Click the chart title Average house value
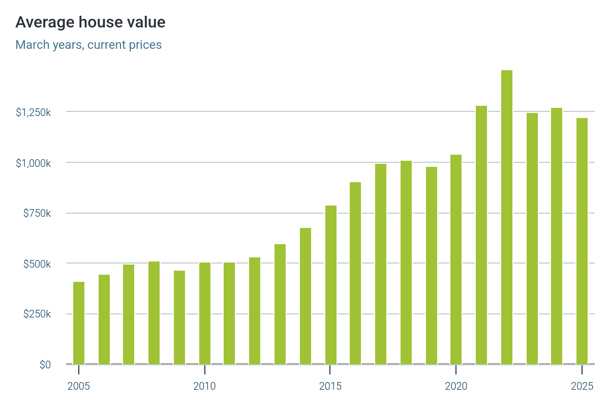(90, 22)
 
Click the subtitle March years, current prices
(88, 45)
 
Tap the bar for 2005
(79, 323)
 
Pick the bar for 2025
(582, 241)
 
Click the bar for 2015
(330, 285)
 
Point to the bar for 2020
(456, 259)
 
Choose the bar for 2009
(179, 317)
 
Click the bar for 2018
(406, 263)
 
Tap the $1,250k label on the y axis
(33, 112)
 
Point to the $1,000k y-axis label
(33, 163)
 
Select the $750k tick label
(37, 213)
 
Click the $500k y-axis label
(37, 264)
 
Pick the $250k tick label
(37, 314)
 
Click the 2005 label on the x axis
(79, 386)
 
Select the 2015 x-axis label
(330, 386)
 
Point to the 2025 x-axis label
(582, 386)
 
